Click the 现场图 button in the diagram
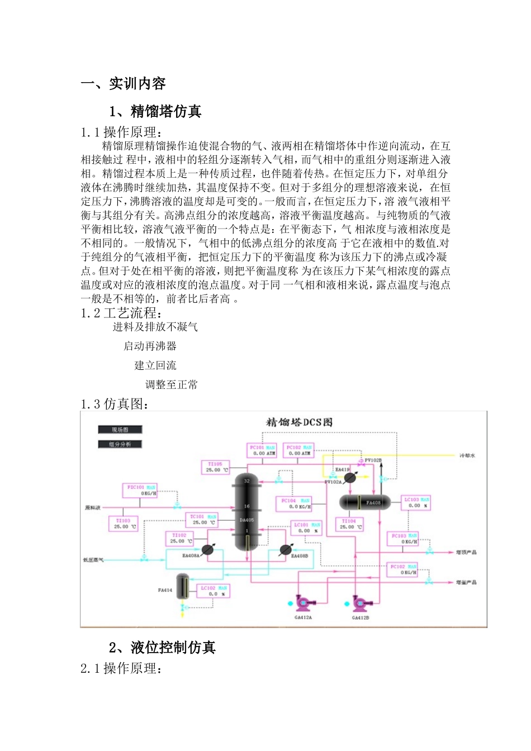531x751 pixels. (120, 430)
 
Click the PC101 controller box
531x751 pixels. (262, 450)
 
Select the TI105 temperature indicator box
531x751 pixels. (215, 467)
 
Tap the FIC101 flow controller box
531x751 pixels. (139, 491)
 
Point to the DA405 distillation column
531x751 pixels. (246, 511)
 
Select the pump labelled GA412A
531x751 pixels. (304, 603)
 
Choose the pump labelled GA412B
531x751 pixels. (360, 603)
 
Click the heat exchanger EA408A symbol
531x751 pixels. (207, 549)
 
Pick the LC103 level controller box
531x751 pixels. (416, 502)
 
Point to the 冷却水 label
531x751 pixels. (467, 455)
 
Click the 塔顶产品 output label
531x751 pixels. (466, 552)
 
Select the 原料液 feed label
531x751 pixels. (93, 508)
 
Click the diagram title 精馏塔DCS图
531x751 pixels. (299, 422)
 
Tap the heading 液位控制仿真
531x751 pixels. (173, 648)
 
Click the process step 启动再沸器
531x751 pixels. (150, 346)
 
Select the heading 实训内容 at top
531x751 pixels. (137, 84)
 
